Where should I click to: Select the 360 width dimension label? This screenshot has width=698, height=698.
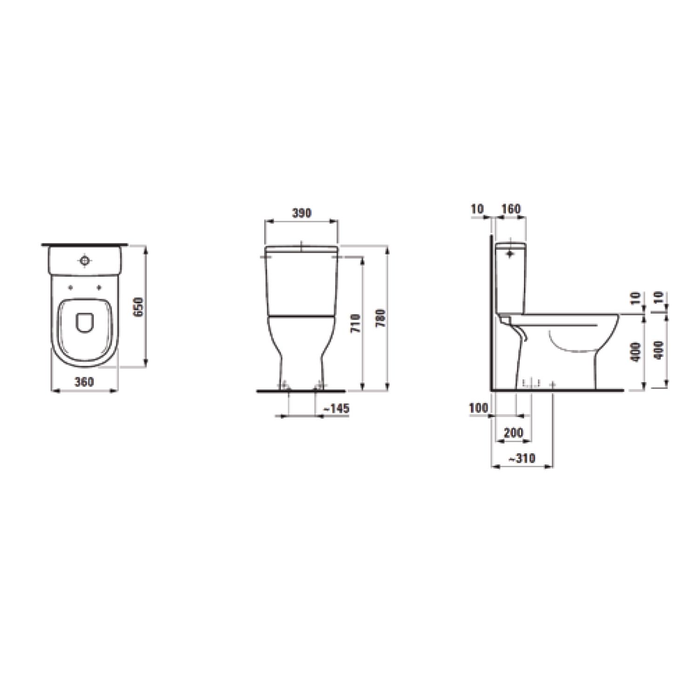84,382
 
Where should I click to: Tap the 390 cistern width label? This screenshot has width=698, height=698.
301,213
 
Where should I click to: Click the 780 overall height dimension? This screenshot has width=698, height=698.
382,318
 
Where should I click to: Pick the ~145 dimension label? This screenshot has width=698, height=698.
336,409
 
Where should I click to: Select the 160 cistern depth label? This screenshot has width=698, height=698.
510,209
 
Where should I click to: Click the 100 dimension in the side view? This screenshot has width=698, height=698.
479,408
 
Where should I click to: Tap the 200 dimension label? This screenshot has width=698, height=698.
514,433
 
